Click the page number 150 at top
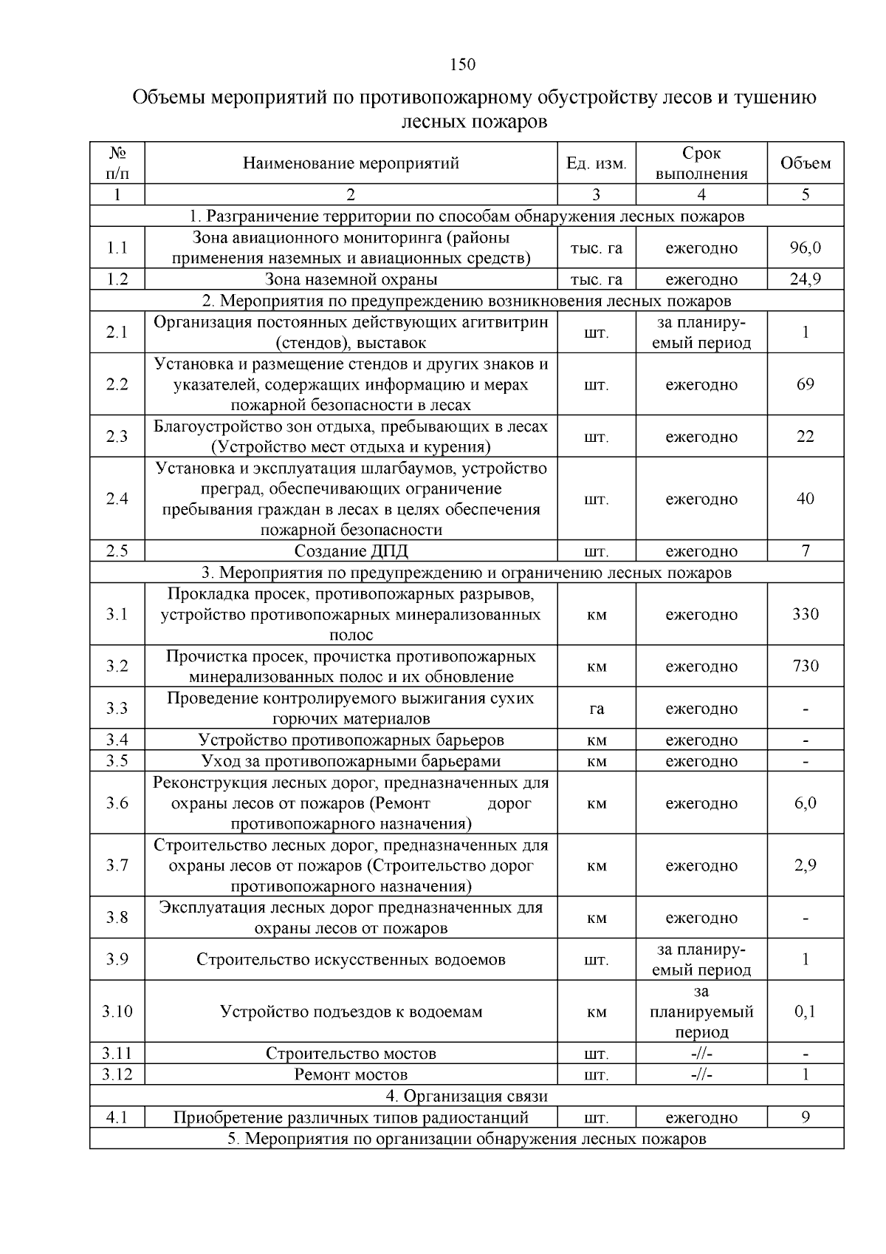click(x=462, y=65)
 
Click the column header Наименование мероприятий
click(x=351, y=163)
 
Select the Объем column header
click(x=805, y=163)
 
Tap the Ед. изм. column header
click(x=596, y=163)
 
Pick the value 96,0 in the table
click(x=805, y=248)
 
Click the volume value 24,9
click(x=805, y=279)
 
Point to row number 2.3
click(x=117, y=437)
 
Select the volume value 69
click(x=805, y=384)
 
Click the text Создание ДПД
click(x=351, y=551)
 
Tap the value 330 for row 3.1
click(x=805, y=614)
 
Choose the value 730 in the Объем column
click(x=805, y=667)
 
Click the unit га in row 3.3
click(x=596, y=709)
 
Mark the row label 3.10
click(x=117, y=1012)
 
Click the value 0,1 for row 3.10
click(x=805, y=1012)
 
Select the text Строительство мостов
click(x=351, y=1054)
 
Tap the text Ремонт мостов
click(x=351, y=1074)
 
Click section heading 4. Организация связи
click(x=467, y=1096)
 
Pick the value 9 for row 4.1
click(x=805, y=1117)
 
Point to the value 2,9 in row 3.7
click(x=805, y=866)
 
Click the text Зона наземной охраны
click(x=351, y=279)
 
